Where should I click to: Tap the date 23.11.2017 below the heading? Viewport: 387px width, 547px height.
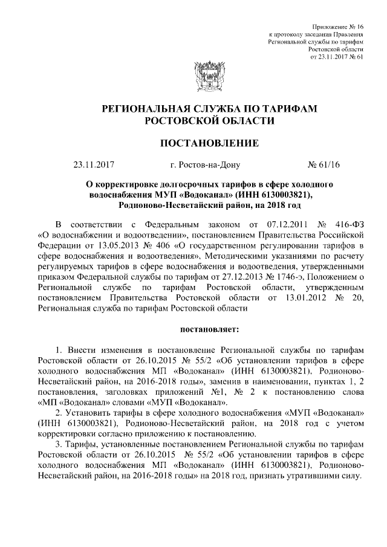coord(94,163)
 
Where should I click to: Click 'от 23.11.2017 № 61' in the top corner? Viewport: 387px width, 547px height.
coord(336,57)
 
